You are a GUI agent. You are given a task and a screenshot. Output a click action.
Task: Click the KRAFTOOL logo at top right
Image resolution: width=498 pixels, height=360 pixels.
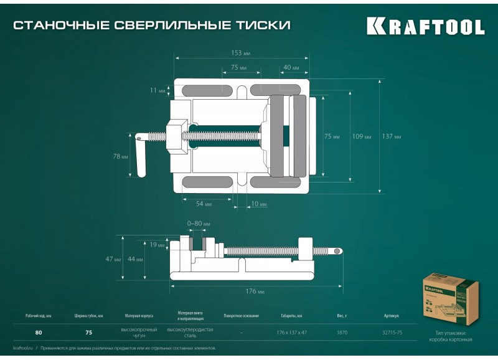(x=425, y=26)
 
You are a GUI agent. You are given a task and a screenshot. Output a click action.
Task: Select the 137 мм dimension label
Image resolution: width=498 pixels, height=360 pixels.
(x=391, y=136)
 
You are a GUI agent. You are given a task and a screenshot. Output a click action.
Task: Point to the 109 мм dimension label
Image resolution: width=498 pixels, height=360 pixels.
(x=361, y=136)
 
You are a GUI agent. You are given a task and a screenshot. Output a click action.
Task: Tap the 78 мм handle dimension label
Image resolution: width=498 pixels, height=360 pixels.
(x=120, y=157)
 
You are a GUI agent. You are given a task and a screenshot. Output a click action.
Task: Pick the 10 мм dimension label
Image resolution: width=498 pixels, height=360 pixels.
(x=258, y=204)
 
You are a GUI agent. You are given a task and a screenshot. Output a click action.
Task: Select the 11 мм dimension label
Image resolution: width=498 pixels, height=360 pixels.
(x=157, y=90)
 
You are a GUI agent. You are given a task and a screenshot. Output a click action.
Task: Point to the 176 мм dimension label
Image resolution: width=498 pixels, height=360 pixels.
(x=256, y=291)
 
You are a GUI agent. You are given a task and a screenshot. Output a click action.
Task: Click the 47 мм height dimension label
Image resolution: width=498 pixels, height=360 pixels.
(x=113, y=258)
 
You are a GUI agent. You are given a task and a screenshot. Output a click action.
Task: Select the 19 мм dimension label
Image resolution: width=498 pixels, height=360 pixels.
(x=157, y=244)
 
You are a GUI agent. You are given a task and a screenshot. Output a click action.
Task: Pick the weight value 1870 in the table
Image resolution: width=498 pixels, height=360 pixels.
(x=342, y=332)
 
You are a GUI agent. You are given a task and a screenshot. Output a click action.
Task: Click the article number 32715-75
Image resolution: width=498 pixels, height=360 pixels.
(x=392, y=332)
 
